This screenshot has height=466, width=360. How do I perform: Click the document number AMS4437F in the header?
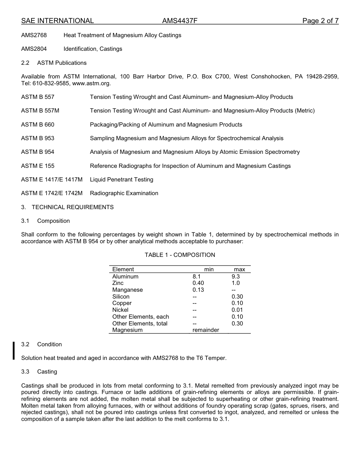click(180, 21)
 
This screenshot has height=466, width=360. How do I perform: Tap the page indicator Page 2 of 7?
click(320, 21)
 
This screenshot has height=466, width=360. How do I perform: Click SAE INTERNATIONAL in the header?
click(58, 21)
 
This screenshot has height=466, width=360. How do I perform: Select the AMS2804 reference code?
click(34, 49)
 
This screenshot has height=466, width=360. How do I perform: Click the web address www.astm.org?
click(91, 83)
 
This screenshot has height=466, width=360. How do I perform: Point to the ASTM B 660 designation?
click(38, 125)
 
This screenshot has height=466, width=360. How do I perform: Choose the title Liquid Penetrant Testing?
click(122, 180)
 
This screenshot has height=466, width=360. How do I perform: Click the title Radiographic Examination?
click(124, 193)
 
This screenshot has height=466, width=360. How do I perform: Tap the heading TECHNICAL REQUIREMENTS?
click(72, 207)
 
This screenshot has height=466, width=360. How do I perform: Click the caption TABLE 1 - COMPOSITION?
click(180, 255)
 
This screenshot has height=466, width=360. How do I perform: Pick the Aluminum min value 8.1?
click(196, 277)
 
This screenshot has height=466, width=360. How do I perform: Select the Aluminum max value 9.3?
click(236, 277)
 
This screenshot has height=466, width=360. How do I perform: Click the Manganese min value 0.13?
click(198, 290)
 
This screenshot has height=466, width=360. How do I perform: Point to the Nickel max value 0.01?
click(237, 310)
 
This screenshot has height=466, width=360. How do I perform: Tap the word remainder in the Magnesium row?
click(206, 330)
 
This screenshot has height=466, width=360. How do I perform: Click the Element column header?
click(123, 269)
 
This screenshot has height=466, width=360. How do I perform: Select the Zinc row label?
click(118, 283)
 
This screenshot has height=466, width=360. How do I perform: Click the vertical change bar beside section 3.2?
click(14, 350)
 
